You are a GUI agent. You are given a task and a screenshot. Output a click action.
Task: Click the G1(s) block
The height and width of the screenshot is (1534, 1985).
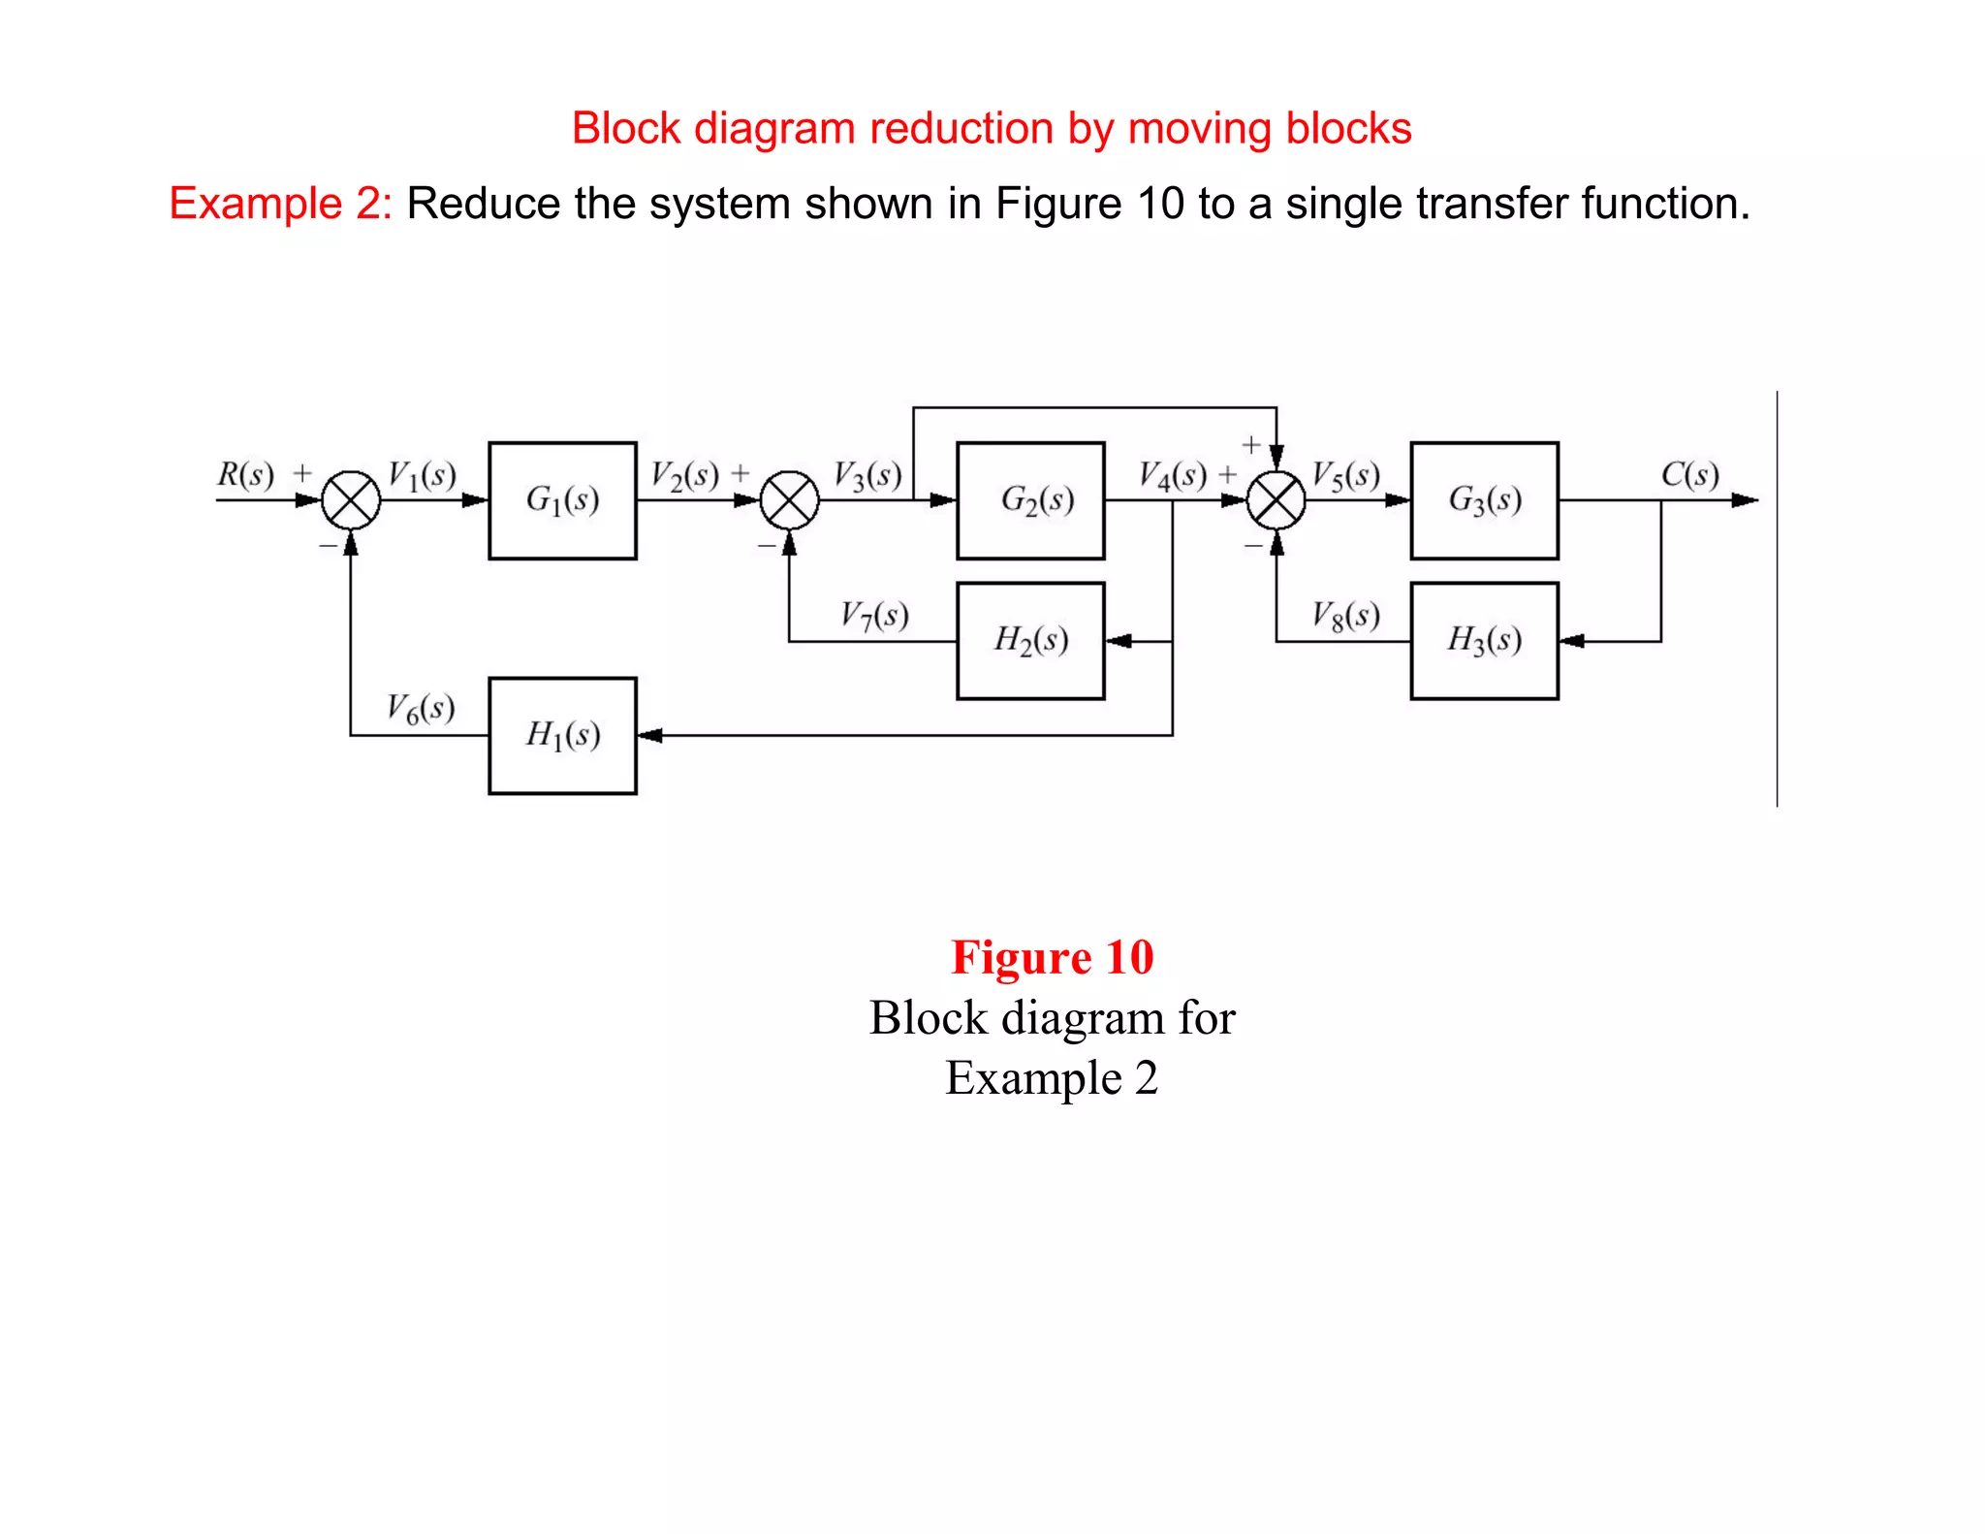point(562,500)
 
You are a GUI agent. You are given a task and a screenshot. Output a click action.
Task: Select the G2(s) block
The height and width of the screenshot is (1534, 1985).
point(1030,500)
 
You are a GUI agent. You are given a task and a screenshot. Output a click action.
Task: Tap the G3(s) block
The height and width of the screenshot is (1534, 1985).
point(1484,500)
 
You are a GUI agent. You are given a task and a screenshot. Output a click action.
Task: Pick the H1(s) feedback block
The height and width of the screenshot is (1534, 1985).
point(562,735)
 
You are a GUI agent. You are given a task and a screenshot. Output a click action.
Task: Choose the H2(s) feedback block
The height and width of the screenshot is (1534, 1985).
point(1030,640)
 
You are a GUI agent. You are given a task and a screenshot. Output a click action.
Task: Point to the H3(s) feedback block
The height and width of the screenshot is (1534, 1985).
point(1484,640)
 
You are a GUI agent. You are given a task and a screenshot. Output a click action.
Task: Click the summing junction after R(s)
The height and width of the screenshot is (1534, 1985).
point(351,500)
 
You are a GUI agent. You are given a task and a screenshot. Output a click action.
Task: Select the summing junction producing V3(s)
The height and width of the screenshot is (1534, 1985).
point(789,500)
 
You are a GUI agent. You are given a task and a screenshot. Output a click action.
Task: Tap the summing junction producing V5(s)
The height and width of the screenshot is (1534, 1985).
point(1276,500)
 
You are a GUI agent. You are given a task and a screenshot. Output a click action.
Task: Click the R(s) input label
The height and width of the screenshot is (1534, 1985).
point(245,474)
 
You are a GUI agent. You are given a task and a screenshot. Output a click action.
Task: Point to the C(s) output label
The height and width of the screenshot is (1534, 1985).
point(1689,474)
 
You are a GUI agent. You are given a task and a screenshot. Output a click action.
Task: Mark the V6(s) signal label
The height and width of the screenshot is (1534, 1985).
point(421,708)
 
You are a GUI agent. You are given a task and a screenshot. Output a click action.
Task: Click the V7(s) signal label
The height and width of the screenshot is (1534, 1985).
point(873,615)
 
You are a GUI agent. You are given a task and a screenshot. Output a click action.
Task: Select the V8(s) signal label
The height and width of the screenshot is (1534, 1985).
point(1345,615)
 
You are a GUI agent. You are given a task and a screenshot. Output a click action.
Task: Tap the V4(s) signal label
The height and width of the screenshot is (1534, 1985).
point(1172,475)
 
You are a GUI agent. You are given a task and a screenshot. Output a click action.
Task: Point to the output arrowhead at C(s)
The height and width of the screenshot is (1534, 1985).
point(1745,500)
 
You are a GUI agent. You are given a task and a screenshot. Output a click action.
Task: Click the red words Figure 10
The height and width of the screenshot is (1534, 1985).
point(1052,957)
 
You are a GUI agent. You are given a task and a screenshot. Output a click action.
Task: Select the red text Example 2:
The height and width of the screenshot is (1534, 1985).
point(280,204)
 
